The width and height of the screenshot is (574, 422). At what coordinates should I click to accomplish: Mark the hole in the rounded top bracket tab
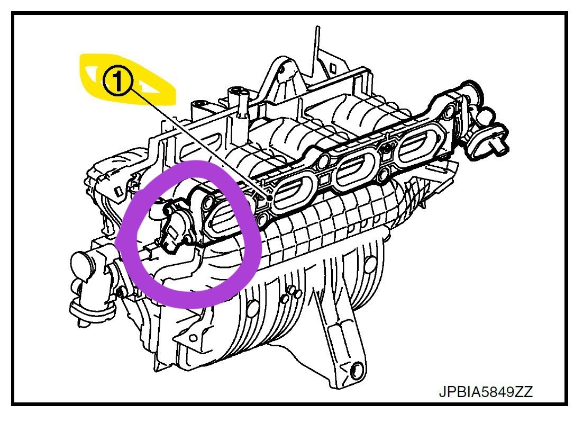click(281, 68)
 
